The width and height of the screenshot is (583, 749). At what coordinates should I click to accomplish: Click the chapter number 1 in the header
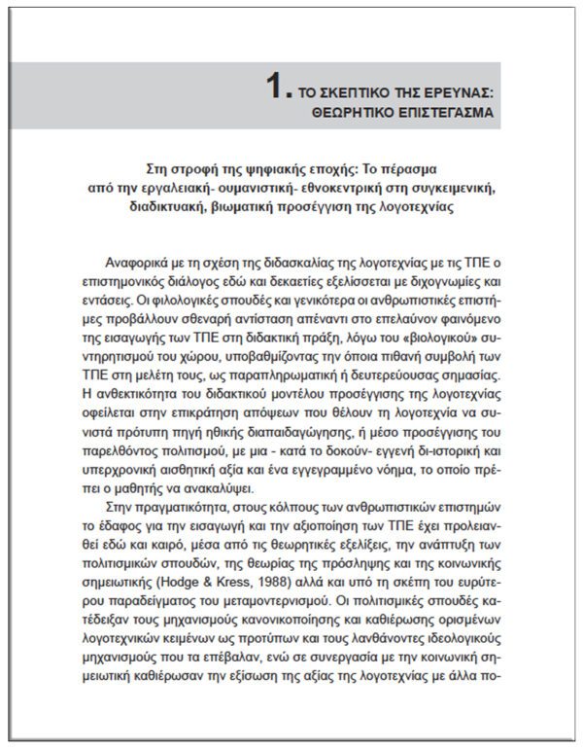point(277,89)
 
